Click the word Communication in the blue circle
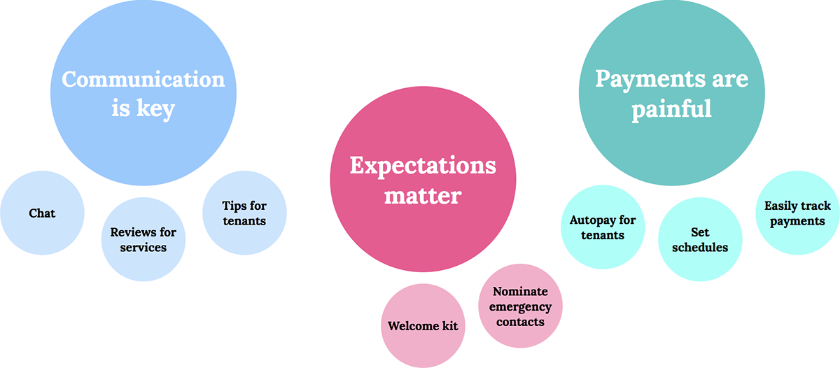click(143, 79)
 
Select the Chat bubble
click(42, 213)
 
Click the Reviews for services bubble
click(143, 239)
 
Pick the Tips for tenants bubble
click(244, 213)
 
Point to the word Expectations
click(423, 166)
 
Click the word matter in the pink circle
click(423, 196)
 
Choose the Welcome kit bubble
click(423, 325)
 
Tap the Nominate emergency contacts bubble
click(520, 306)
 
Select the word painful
click(671, 109)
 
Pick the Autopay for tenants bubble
click(603, 227)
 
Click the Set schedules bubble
click(700, 239)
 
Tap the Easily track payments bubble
click(797, 213)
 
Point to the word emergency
click(520, 307)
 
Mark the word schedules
click(700, 248)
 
